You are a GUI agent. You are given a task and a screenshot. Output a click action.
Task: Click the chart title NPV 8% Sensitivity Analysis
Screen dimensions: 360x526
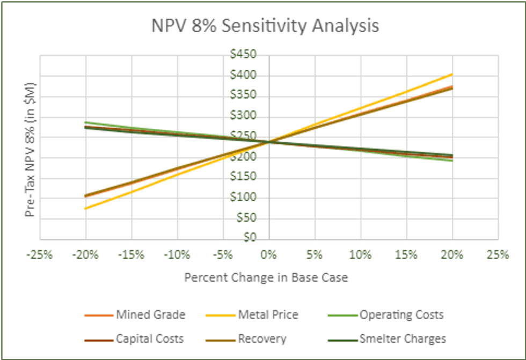(262, 26)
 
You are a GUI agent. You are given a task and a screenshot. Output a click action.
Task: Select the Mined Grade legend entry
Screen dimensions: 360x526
(150, 315)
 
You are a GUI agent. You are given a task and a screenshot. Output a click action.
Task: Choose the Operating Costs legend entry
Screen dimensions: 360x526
(402, 315)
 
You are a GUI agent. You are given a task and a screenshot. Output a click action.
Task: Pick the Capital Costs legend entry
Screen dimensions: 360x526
(150, 339)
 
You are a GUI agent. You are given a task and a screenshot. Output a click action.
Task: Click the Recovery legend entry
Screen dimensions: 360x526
(262, 339)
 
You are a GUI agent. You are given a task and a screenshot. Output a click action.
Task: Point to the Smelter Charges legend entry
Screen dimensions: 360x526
(403, 339)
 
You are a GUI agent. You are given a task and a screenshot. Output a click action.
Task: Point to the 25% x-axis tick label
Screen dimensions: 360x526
(498, 255)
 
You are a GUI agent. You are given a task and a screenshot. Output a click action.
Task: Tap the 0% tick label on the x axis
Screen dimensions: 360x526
(269, 255)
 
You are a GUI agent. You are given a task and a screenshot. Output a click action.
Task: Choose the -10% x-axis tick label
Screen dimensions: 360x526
(178, 255)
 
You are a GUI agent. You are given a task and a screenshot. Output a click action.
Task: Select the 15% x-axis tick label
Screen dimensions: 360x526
(406, 255)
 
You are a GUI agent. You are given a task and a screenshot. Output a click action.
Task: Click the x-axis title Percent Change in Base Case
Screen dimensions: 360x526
(266, 278)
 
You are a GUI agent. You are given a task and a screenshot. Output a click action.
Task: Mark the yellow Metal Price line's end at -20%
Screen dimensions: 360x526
(86, 209)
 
